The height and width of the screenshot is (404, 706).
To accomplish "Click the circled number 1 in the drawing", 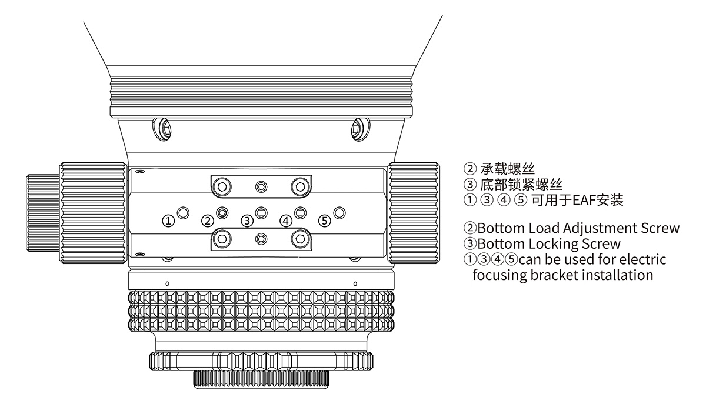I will coord(169,221).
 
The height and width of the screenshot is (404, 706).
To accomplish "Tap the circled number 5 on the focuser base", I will coord(325,221).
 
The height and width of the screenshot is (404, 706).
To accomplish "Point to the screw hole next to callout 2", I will coord(222,212).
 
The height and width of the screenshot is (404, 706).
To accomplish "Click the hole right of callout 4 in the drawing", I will coord(300,212).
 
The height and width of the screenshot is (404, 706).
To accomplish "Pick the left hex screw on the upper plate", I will coord(222,186).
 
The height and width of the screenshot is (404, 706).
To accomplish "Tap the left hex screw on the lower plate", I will coord(222,238).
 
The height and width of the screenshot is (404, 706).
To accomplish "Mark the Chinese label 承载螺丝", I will coord(508,171).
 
